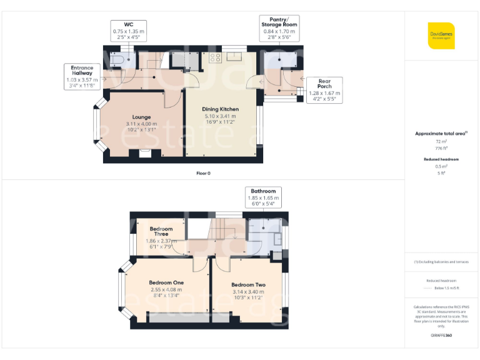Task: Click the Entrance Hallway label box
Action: click(x=82, y=76)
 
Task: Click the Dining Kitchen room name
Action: click(x=221, y=109)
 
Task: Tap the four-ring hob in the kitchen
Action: click(x=216, y=58)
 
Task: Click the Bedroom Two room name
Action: click(x=248, y=285)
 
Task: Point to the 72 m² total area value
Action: click(x=441, y=142)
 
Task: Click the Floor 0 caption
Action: click(x=203, y=172)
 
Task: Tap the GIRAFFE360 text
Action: click(x=441, y=336)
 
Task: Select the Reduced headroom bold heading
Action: click(x=441, y=159)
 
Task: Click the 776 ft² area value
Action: click(x=441, y=148)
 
